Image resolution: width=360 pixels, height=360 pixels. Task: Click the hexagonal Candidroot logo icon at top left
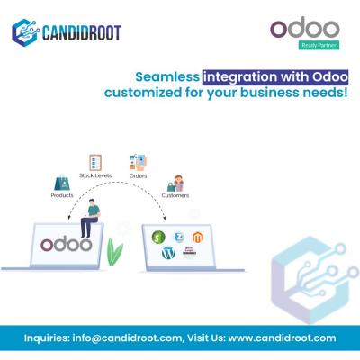pos(25,32)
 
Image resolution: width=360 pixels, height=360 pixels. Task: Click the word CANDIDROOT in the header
pos(82,33)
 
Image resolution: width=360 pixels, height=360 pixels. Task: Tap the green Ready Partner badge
pos(319,45)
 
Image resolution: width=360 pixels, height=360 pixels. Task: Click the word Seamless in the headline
pos(167,77)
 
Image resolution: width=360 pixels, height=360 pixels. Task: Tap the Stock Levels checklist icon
pos(95,163)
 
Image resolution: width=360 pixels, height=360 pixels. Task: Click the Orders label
pos(139,175)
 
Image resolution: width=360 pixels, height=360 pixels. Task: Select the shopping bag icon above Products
pos(62,183)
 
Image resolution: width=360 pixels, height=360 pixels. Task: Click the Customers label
pos(175,195)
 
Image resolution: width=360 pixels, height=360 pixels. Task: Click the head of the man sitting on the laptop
pos(92,202)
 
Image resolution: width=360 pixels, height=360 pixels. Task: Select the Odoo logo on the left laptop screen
pos(66,245)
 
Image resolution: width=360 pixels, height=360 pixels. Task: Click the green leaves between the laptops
pos(114,252)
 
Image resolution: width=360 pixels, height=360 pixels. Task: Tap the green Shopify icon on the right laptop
pos(158,238)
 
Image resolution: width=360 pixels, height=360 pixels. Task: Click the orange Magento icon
pos(198,237)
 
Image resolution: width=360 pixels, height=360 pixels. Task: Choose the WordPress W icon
pos(168,254)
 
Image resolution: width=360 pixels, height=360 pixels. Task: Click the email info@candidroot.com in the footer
pos(127,338)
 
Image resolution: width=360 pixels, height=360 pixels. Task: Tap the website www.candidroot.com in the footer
pos(282,338)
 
